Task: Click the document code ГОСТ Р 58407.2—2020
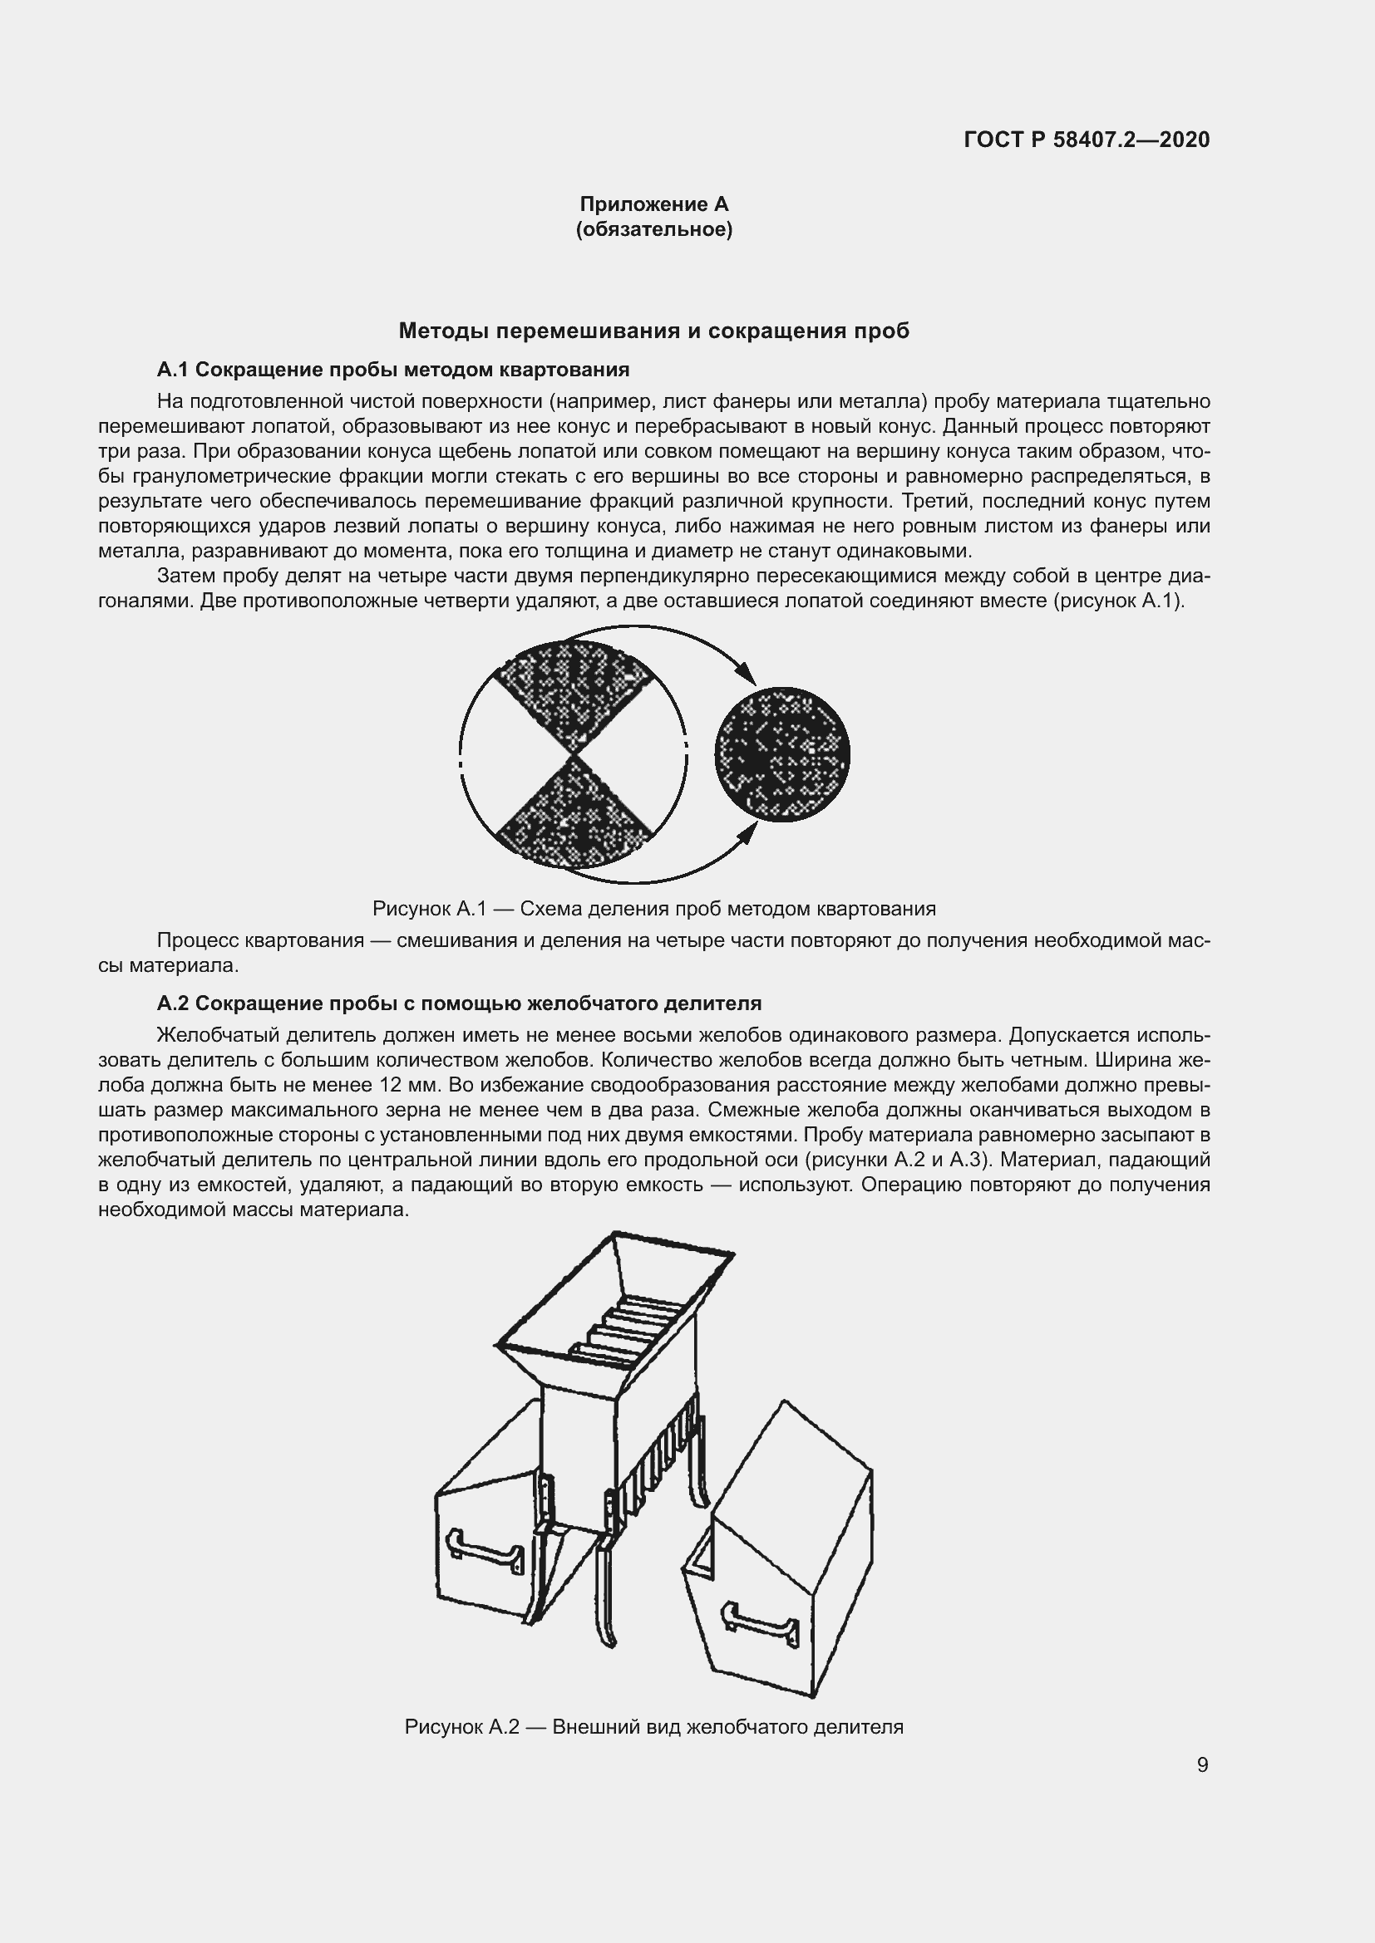point(1087,140)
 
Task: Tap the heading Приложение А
point(653,204)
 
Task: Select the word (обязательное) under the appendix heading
point(653,229)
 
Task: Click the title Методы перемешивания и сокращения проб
point(653,331)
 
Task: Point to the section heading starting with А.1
point(393,370)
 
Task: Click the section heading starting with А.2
point(459,1003)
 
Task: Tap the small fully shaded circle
point(781,754)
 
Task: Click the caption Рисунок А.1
point(653,909)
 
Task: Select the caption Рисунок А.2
point(653,1727)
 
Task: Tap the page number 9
point(1202,1765)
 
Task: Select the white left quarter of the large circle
point(500,755)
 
